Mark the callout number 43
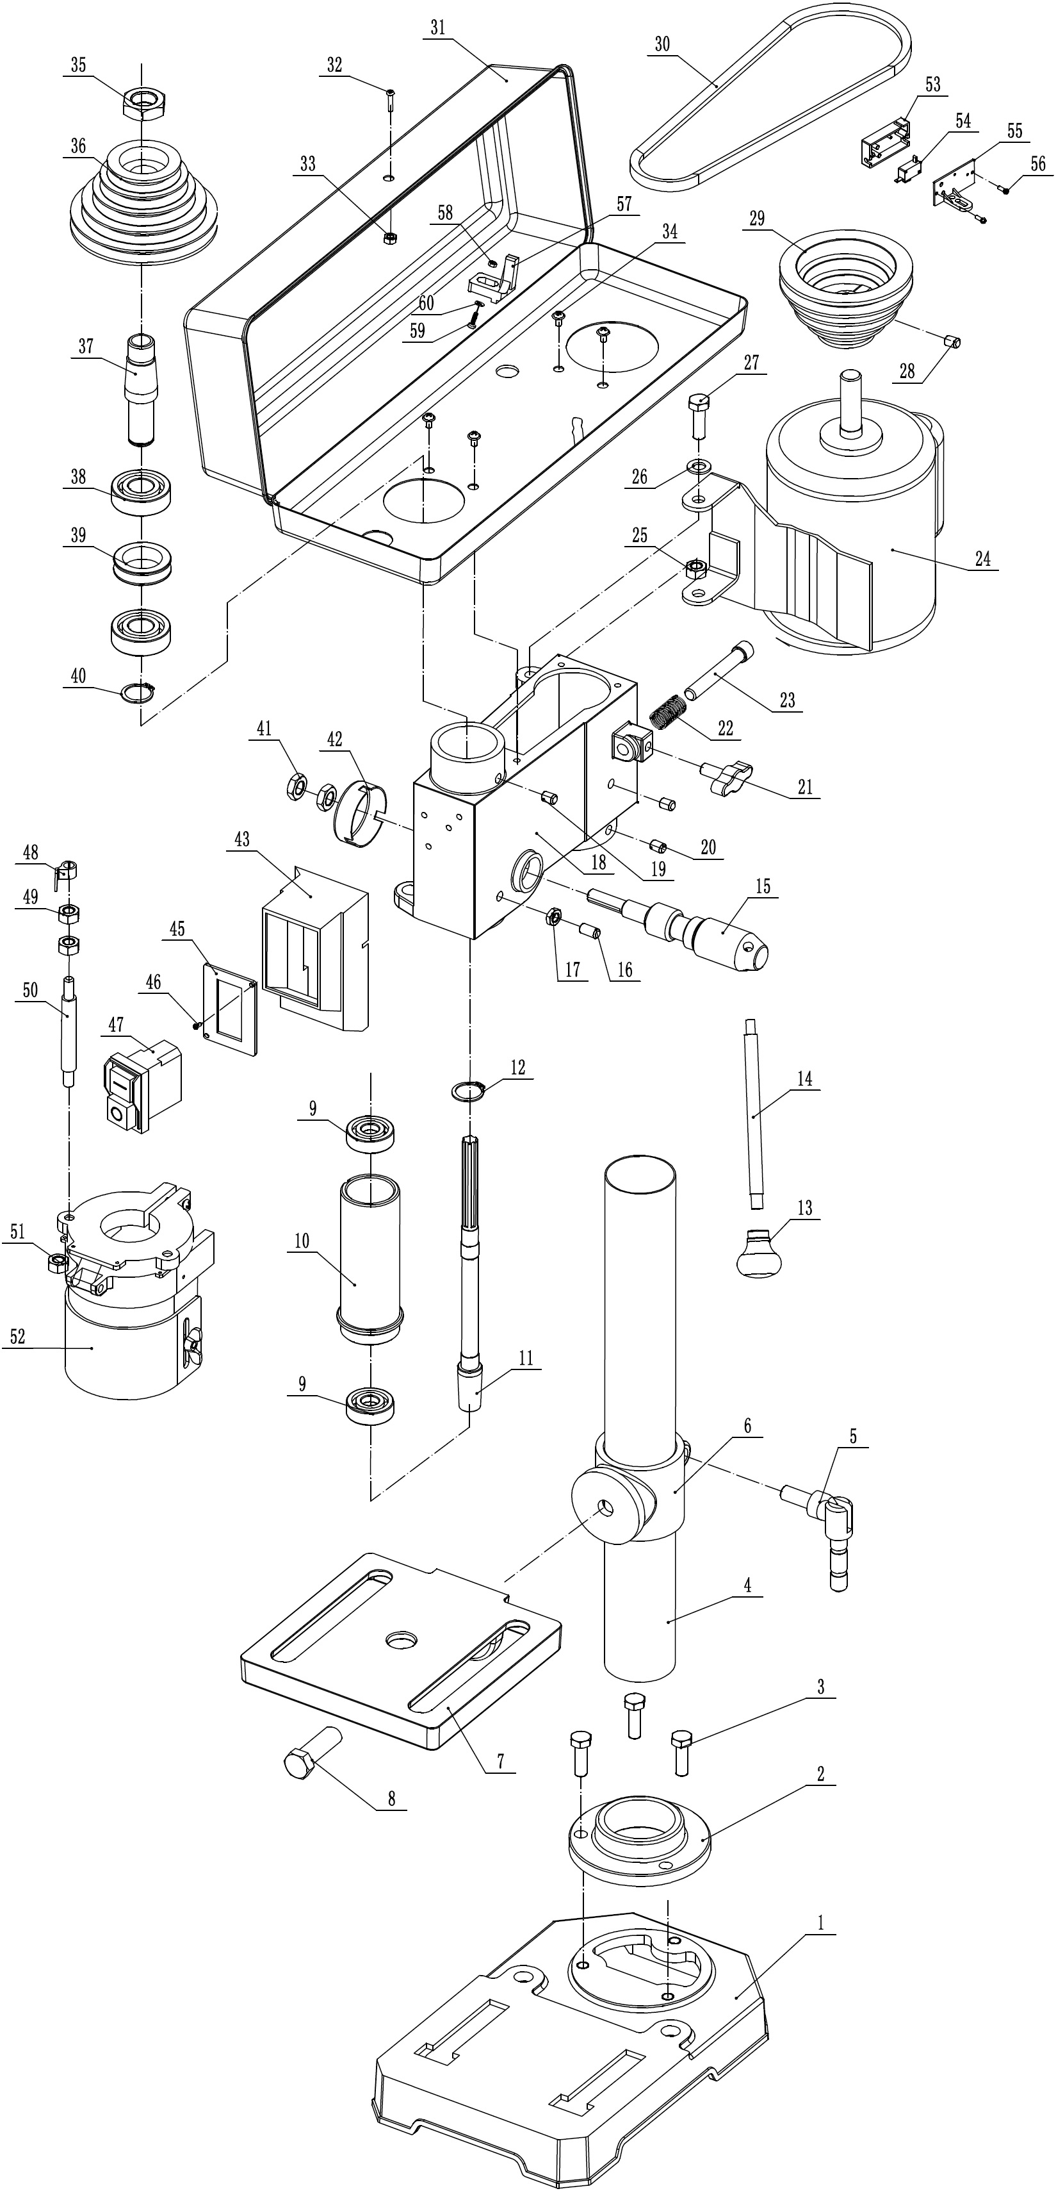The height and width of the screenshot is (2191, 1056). pyautogui.click(x=242, y=839)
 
